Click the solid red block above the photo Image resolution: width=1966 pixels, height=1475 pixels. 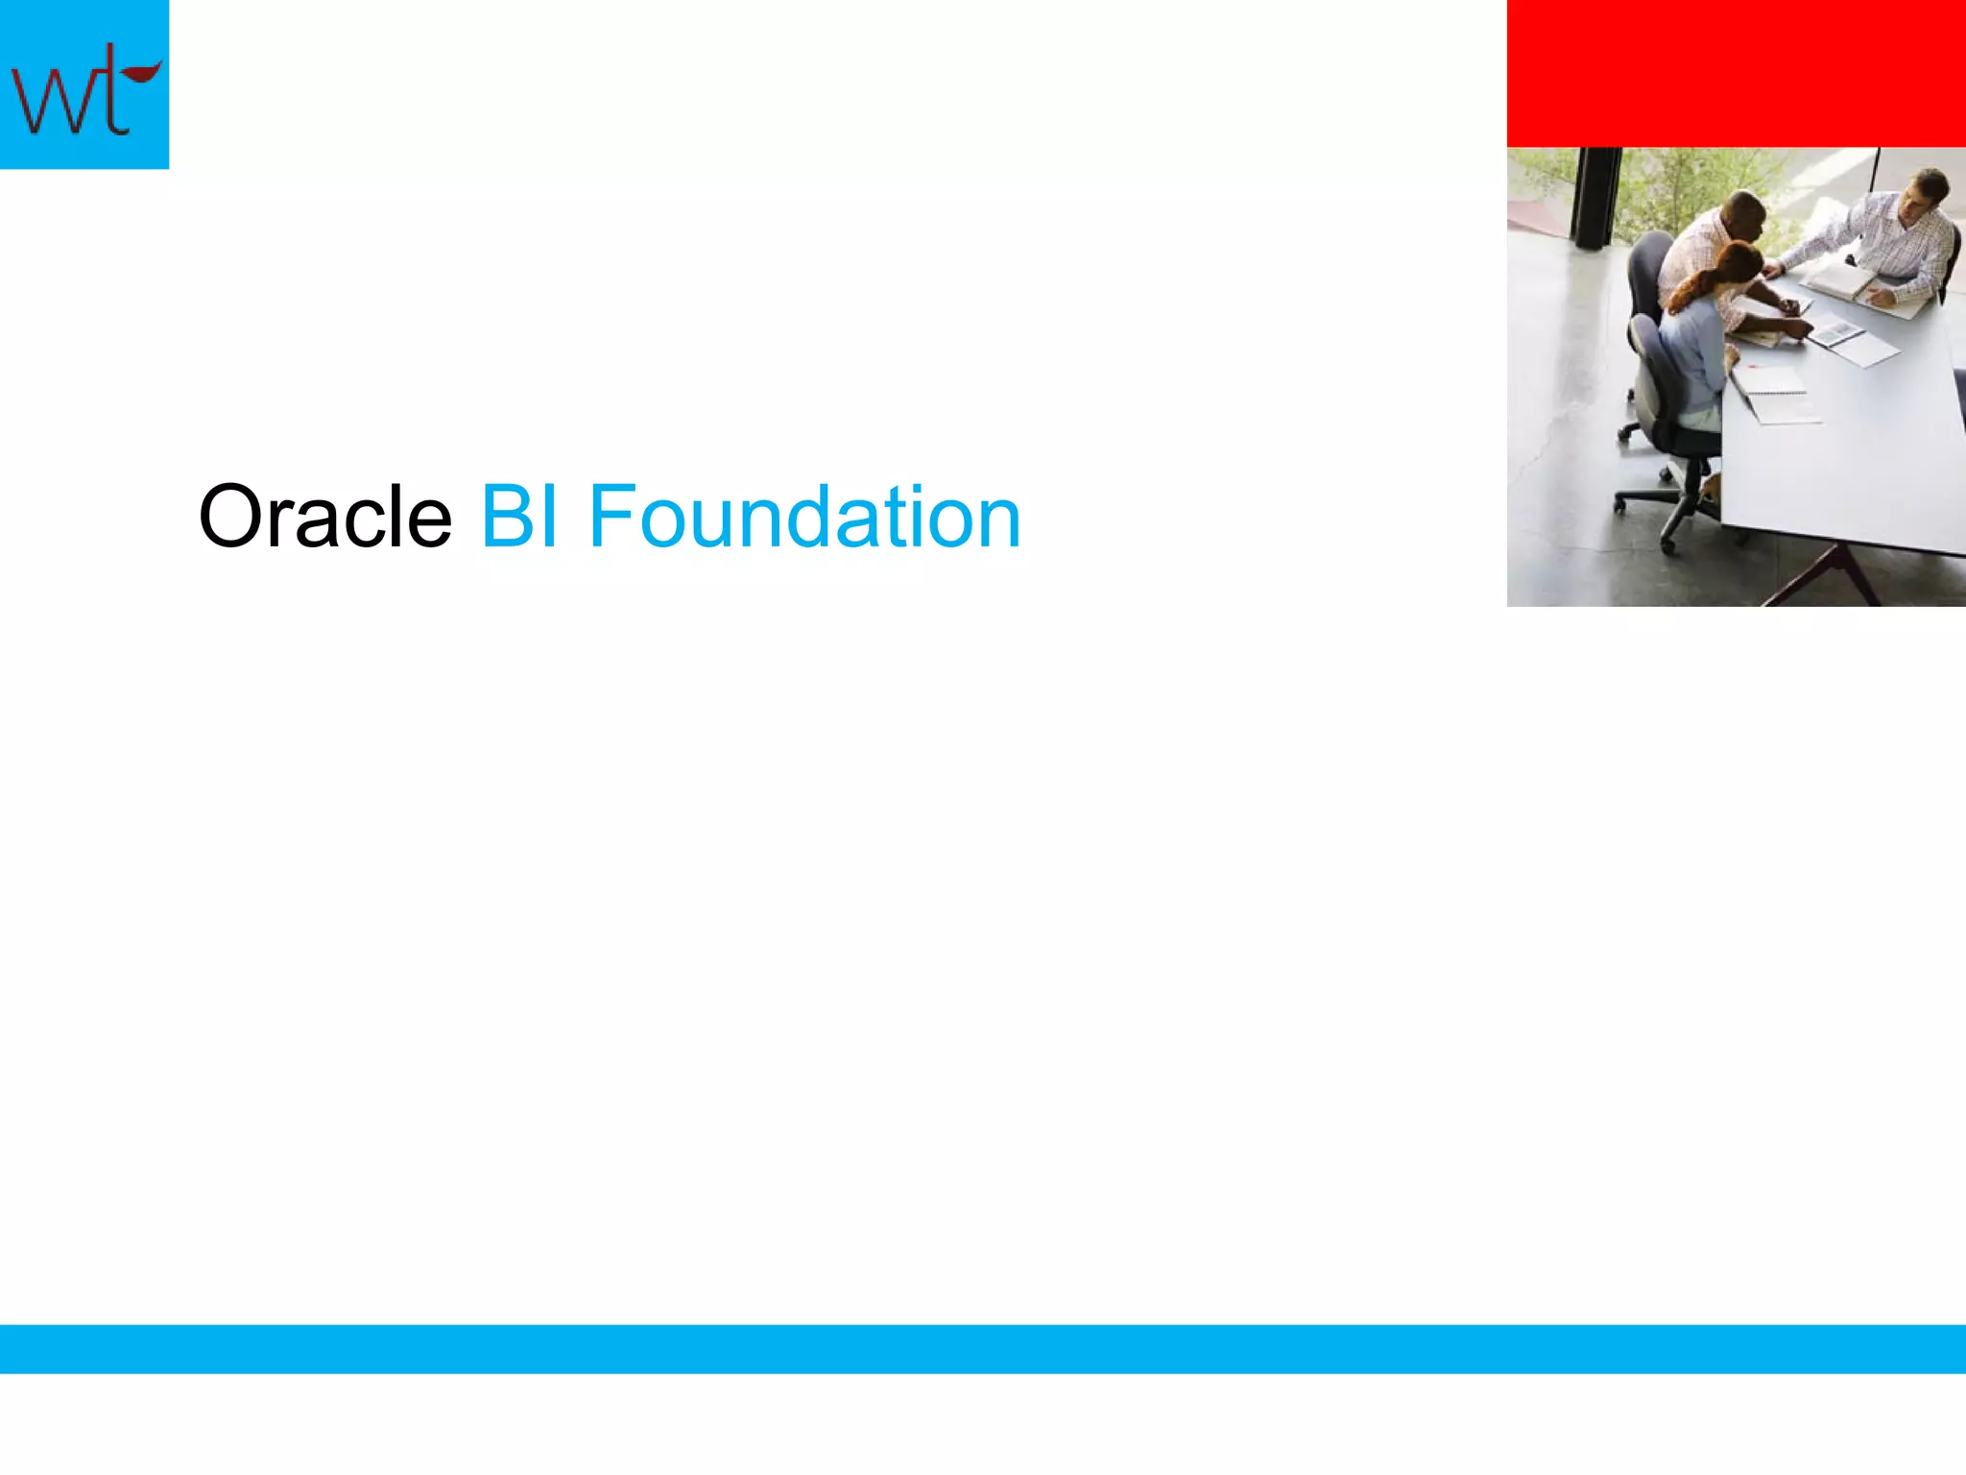[x=1736, y=73]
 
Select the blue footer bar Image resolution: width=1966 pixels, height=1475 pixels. [x=983, y=1348]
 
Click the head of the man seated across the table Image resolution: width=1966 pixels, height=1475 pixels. [x=1928, y=189]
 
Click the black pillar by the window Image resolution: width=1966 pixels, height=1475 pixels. [x=1594, y=197]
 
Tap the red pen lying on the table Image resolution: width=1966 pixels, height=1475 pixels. [x=1753, y=366]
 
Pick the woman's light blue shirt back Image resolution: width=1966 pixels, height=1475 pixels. [x=1691, y=355]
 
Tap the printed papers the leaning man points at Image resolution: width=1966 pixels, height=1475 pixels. [x=1838, y=333]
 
